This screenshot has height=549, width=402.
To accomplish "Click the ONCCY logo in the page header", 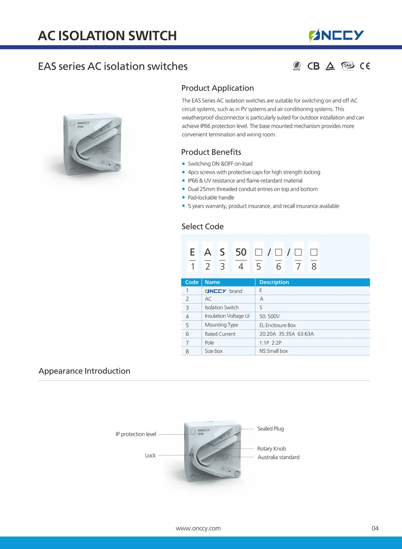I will [x=336, y=35].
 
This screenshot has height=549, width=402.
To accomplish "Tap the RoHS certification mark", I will [x=297, y=66].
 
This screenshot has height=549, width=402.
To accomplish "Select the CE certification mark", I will [x=365, y=66].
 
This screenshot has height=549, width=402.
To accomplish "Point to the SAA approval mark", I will [x=347, y=66].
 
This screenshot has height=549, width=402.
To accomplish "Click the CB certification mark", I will [x=313, y=66].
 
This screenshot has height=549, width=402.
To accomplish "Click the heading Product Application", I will [x=217, y=88].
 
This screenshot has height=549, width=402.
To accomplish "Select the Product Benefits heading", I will [x=211, y=152].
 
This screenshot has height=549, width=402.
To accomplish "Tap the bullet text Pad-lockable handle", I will [x=211, y=198].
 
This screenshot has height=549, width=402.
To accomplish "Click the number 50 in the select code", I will [x=241, y=252].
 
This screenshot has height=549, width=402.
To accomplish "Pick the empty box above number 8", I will [x=314, y=252].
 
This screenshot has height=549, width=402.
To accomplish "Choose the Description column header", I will [x=274, y=282].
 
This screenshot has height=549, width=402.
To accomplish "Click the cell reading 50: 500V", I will [x=269, y=316].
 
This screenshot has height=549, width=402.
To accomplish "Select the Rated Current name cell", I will [x=220, y=334].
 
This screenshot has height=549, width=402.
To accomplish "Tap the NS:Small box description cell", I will [x=273, y=351].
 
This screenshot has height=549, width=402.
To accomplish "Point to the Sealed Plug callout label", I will [x=270, y=429].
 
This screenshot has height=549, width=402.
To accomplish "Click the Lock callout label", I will [x=150, y=455].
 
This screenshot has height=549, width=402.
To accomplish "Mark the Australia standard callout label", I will [x=278, y=457].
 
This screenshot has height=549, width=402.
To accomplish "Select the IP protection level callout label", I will [x=136, y=434].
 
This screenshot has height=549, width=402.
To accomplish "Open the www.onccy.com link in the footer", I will [x=198, y=528].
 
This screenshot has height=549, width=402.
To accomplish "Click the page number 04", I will [x=375, y=528].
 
